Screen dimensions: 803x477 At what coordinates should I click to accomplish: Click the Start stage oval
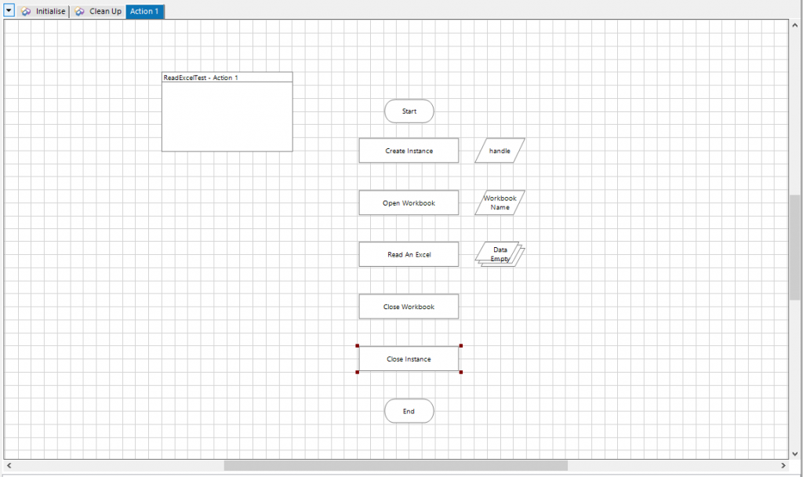pos(409,111)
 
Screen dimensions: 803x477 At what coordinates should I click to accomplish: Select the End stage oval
pos(409,411)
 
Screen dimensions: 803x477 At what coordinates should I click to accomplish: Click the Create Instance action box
pos(409,151)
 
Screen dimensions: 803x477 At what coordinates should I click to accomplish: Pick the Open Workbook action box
pos(409,203)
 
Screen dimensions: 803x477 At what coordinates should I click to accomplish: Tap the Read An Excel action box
pos(409,255)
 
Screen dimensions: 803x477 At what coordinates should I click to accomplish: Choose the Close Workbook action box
pos(409,307)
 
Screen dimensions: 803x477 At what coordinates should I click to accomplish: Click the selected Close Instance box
pos(409,359)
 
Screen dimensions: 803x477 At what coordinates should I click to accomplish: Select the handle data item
pos(500,151)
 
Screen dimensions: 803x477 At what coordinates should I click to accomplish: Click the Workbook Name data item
pos(500,203)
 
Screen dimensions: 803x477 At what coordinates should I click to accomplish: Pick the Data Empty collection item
pos(500,254)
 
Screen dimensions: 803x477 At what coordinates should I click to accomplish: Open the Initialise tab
pos(44,11)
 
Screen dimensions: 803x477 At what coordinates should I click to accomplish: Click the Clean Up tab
pos(98,11)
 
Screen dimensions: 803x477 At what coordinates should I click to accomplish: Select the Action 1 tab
pos(145,11)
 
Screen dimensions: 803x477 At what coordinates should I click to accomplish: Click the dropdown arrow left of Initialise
pos(9,10)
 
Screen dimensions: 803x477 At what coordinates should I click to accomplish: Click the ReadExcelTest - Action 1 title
pos(201,78)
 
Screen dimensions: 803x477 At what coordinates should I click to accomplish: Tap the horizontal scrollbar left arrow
pos(9,465)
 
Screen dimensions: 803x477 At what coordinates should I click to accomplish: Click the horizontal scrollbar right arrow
pos(783,465)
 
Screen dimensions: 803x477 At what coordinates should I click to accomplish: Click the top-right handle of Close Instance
pos(461,346)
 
